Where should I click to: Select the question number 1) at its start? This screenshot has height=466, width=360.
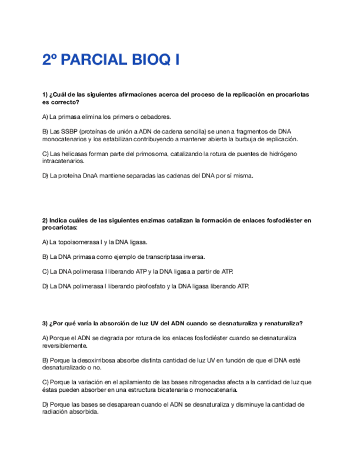coord(45,95)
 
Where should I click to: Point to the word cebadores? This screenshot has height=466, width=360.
coord(156,116)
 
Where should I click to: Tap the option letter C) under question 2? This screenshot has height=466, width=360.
coord(45,271)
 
